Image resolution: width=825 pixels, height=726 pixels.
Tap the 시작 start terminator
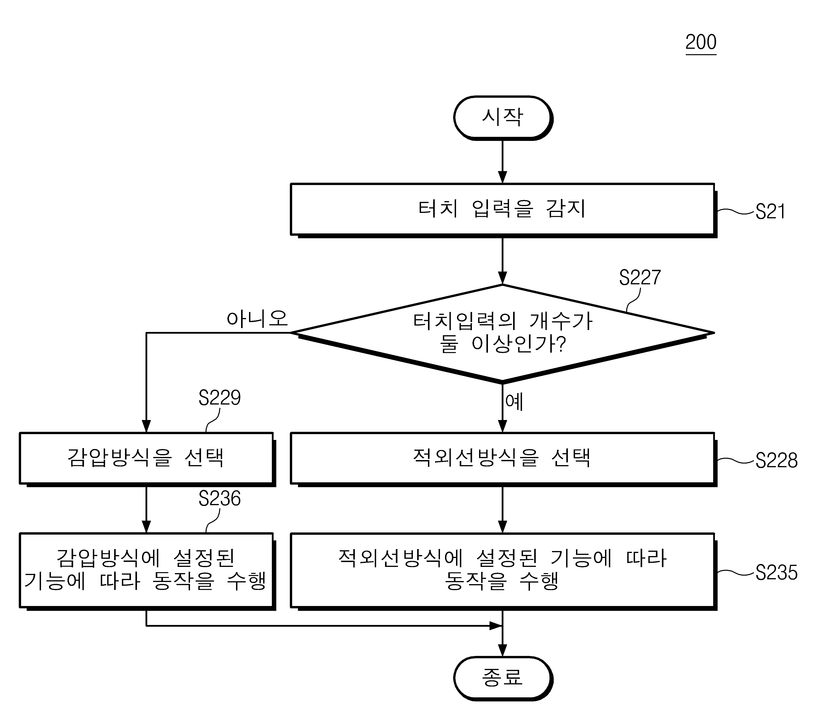click(503, 118)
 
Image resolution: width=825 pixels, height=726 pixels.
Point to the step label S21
click(770, 212)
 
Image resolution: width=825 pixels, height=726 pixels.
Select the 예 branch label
click(514, 402)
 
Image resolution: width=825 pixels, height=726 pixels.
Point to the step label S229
click(220, 398)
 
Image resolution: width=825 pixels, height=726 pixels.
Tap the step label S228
click(776, 460)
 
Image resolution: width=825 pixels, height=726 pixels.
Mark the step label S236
click(220, 499)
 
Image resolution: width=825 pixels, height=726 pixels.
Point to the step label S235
click(776, 573)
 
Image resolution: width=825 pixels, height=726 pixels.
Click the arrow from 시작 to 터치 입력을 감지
click(502, 161)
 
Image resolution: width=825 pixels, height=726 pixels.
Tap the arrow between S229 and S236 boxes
click(146, 510)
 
